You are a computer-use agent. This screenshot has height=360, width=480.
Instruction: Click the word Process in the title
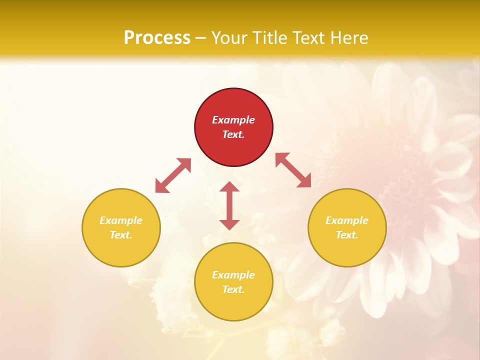tap(157, 38)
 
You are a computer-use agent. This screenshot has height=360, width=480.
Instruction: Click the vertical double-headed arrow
tap(229, 205)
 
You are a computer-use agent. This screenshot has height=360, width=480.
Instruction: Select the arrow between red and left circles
tap(173, 175)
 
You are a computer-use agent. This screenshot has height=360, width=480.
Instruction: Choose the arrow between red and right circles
tap(293, 170)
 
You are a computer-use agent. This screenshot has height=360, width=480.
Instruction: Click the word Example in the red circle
tap(233, 120)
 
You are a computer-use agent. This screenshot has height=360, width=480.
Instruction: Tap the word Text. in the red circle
tap(233, 134)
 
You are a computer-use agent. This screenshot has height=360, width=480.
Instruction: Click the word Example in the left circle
tap(121, 220)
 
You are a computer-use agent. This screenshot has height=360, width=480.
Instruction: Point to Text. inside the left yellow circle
tap(121, 235)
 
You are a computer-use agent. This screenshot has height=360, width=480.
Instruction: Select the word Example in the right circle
tap(347, 220)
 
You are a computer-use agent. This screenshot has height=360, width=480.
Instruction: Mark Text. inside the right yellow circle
tap(347, 235)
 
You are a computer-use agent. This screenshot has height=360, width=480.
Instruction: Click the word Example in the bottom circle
tap(233, 275)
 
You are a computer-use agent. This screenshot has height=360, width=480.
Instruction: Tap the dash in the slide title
tap(200, 38)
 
